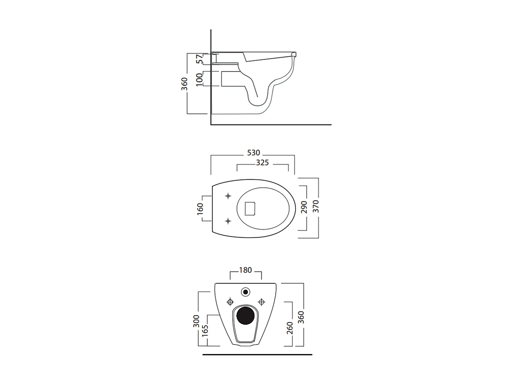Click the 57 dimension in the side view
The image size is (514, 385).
pos(199,59)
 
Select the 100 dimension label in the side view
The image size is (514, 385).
pos(199,79)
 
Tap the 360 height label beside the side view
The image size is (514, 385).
pos(184,84)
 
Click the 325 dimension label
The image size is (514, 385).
pos(262,163)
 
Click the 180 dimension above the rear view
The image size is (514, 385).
pos(245,270)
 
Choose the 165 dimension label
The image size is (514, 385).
pos(205,331)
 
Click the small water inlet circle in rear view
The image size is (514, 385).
pos(246,292)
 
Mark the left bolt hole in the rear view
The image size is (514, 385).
pos(230,301)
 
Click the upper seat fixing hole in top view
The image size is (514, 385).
pos(228,196)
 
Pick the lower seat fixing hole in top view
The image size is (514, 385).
pos(228,221)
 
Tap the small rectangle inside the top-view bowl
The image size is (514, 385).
pos(250,208)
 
